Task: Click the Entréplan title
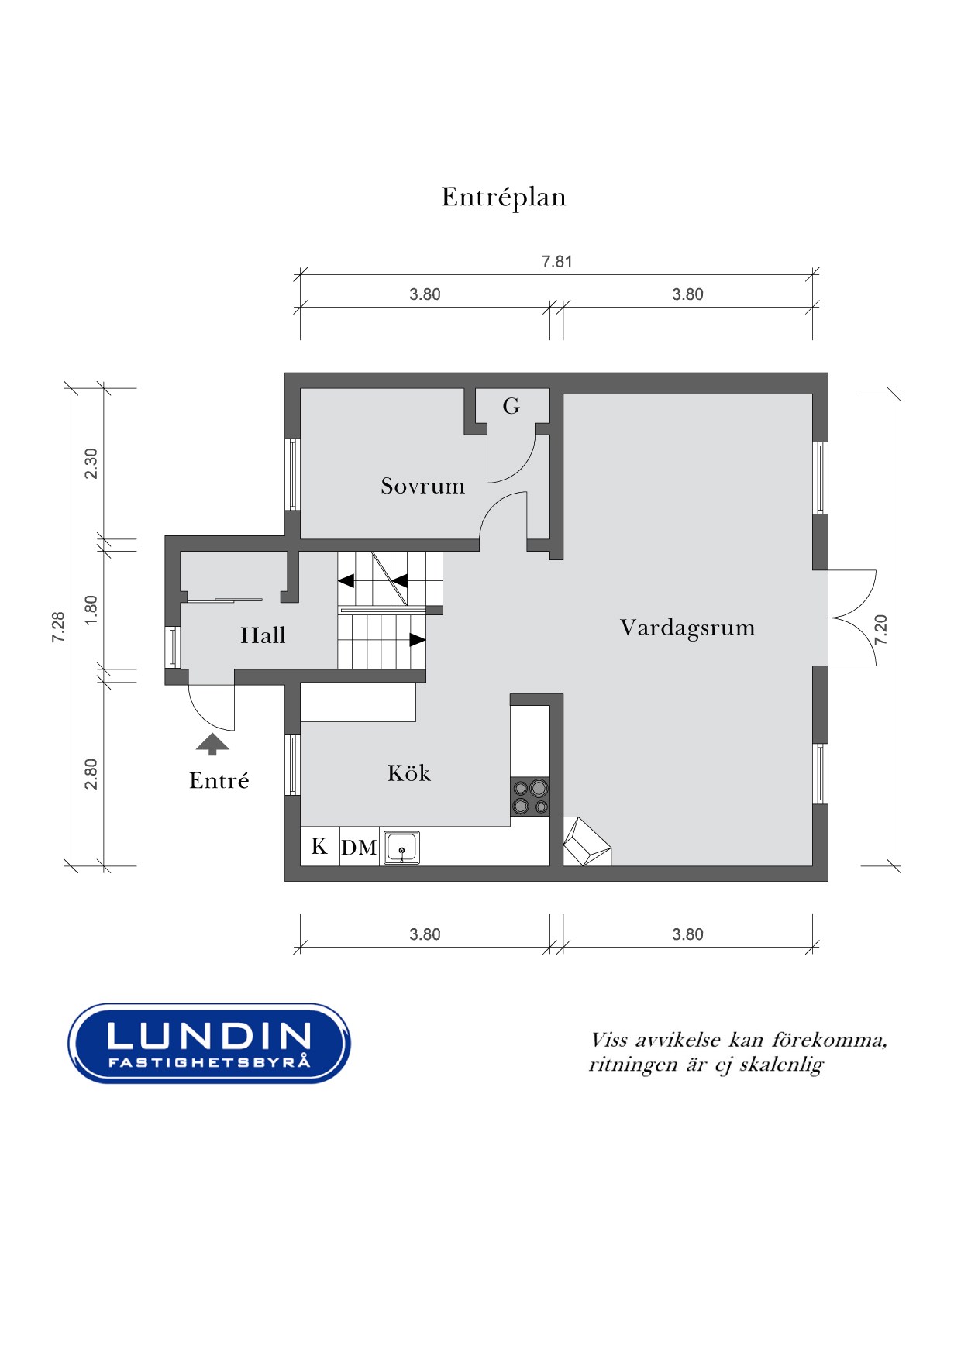coord(504,198)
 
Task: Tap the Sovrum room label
coord(422,486)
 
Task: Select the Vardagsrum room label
coord(687,628)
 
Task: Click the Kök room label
coord(408,772)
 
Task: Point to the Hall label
coord(263,635)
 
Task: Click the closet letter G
coord(511,406)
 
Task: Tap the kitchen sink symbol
coord(401,848)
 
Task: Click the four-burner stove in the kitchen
coord(530,797)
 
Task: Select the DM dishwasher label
coord(359,848)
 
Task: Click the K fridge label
coord(319,846)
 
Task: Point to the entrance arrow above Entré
coord(212,744)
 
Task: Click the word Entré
coord(219,780)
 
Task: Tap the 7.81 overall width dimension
coord(556,262)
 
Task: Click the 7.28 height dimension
coord(58,627)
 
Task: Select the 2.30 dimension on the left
coord(91,463)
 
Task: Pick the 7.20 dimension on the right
coord(880,630)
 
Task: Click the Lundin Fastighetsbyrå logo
coord(209,1043)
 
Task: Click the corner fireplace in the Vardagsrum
coord(587,841)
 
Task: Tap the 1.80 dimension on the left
coord(91,610)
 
